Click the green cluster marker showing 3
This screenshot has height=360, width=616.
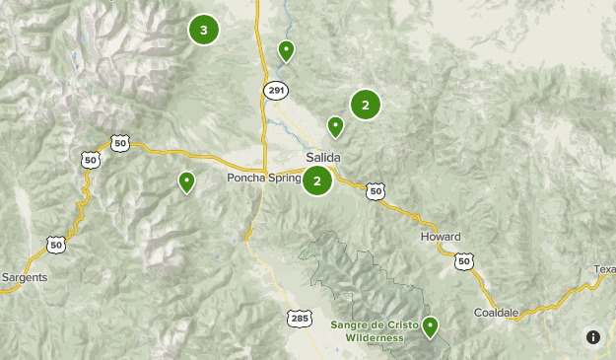(203, 31)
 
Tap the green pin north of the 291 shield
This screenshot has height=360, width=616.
(286, 50)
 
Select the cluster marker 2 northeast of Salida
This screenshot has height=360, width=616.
(365, 104)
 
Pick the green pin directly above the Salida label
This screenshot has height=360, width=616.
(335, 126)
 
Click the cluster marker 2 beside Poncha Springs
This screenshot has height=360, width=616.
(316, 180)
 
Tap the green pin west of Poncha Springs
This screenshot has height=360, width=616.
(186, 181)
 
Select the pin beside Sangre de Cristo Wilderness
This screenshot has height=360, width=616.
(430, 326)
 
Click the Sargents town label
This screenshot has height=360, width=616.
(24, 277)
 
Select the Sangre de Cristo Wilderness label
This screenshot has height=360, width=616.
(375, 330)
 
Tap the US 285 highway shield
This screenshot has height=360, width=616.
(301, 318)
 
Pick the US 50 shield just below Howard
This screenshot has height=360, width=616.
(464, 261)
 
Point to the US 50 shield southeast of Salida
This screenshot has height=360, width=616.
(375, 191)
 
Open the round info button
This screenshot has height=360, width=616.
(592, 337)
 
